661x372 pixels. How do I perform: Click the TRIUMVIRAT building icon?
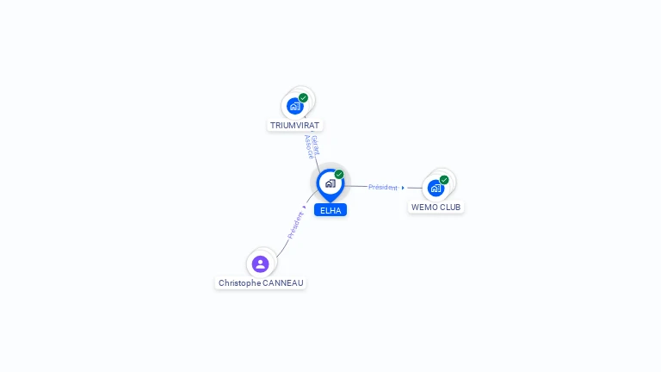pos(295,106)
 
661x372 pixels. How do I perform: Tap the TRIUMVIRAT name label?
pos(294,126)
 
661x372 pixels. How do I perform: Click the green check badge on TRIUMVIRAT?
pos(304,97)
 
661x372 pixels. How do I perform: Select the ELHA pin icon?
pos(330,183)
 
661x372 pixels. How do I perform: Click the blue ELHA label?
pos(330,210)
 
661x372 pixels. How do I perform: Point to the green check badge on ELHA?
pos(339,174)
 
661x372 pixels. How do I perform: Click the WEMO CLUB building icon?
pos(436,188)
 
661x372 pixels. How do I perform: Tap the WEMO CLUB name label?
pos(436,208)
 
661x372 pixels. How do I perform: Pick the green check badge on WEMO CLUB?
pos(444,179)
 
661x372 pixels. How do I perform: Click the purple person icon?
pos(260,263)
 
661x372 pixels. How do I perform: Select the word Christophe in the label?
pos(238,283)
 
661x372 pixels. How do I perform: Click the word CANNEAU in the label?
pos(283,283)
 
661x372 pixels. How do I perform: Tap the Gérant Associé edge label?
pos(312,146)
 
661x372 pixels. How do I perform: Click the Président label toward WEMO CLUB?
pos(383,187)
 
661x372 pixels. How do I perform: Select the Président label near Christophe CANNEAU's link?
pos(295,225)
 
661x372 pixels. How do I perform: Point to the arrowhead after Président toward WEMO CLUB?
pos(403,188)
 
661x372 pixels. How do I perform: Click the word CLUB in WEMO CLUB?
pos(450,208)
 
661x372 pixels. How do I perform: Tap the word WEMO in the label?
pos(425,208)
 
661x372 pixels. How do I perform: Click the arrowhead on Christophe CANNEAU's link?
pos(305,207)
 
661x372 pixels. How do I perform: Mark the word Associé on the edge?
pos(308,147)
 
